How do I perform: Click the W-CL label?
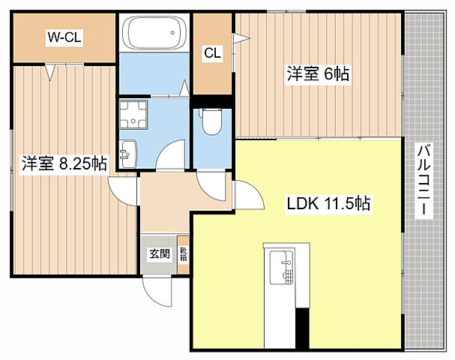(64, 37)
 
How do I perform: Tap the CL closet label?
(212, 53)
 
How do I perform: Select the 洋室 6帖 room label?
(318, 73)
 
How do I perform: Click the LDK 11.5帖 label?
(328, 203)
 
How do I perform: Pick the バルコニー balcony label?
(424, 180)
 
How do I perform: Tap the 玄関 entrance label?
(160, 254)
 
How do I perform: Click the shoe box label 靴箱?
(183, 254)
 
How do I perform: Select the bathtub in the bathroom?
(154, 32)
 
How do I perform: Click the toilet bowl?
(212, 122)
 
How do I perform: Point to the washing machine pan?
(133, 115)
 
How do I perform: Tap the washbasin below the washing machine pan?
(128, 154)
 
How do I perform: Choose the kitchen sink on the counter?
(282, 268)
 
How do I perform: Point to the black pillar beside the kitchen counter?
(302, 328)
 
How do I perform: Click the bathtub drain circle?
(173, 33)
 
